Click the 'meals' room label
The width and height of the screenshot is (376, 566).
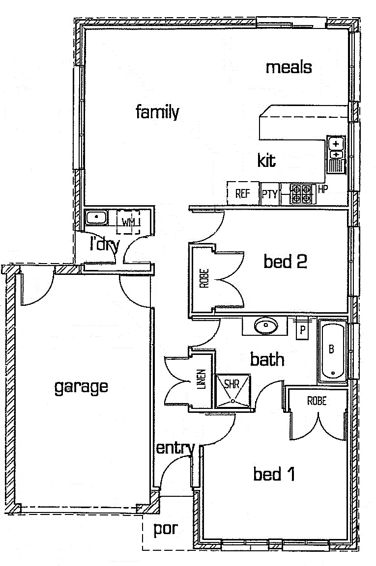point(289,67)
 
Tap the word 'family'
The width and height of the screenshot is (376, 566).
point(157,112)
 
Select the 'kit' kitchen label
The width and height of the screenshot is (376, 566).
point(266,161)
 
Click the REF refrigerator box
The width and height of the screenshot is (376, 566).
point(242,193)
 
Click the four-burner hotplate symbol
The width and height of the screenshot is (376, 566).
point(300,193)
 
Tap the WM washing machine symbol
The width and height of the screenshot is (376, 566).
point(128,222)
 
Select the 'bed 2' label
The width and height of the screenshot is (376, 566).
point(285,261)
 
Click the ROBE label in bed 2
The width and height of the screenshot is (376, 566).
point(204,278)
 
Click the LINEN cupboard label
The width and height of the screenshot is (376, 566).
point(201,379)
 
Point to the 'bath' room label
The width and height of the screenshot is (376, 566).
point(267,359)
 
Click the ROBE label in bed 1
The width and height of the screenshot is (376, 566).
point(317,401)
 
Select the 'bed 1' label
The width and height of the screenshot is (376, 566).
point(274,474)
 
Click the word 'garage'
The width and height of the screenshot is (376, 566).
point(81,387)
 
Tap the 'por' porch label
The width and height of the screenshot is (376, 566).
point(165,529)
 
